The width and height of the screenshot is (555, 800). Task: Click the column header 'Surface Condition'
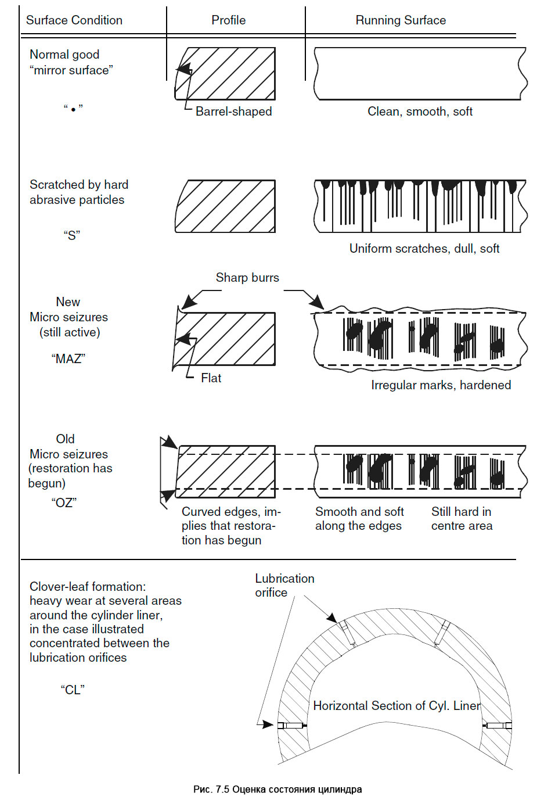point(74,20)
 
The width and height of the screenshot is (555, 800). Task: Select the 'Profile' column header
point(228,20)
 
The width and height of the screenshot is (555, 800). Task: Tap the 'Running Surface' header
point(401,20)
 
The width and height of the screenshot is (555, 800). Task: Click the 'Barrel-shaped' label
point(233,112)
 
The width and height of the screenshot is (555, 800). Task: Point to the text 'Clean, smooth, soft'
point(420,112)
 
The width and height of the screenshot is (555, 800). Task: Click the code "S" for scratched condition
point(72,235)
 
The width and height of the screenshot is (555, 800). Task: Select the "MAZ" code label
point(68,359)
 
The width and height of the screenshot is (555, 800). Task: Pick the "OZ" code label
point(64,503)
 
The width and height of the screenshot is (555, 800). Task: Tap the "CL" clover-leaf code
point(73,690)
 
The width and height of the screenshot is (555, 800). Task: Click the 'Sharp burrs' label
point(247,278)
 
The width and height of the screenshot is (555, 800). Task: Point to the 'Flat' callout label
point(211,378)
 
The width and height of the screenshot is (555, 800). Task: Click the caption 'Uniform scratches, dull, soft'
point(424,249)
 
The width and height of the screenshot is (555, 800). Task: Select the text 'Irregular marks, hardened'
point(441,385)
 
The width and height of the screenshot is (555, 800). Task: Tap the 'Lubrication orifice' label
point(284,586)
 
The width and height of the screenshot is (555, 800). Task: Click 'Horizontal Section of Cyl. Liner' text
point(397,706)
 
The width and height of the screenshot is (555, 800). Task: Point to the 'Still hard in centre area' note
point(462,519)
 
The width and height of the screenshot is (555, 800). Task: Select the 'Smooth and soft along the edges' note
point(359,519)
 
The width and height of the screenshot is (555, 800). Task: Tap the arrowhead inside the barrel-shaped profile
point(185,70)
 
